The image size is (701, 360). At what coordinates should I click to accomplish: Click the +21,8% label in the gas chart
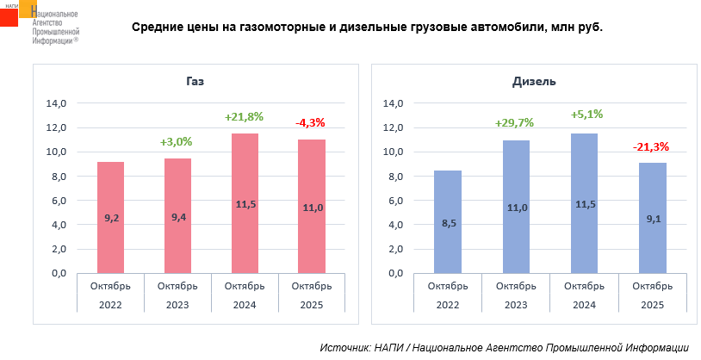(x=244, y=116)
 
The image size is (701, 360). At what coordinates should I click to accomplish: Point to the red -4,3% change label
(x=311, y=123)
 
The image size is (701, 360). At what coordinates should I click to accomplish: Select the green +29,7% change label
(x=514, y=123)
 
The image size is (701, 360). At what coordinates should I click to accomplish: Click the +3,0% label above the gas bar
(x=177, y=141)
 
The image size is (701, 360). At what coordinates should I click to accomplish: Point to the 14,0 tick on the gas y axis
(x=56, y=103)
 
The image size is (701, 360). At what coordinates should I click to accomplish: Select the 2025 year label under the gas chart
(x=312, y=305)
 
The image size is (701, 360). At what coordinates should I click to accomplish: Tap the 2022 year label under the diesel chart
(x=448, y=305)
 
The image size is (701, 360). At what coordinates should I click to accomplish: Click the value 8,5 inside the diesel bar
(x=448, y=225)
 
